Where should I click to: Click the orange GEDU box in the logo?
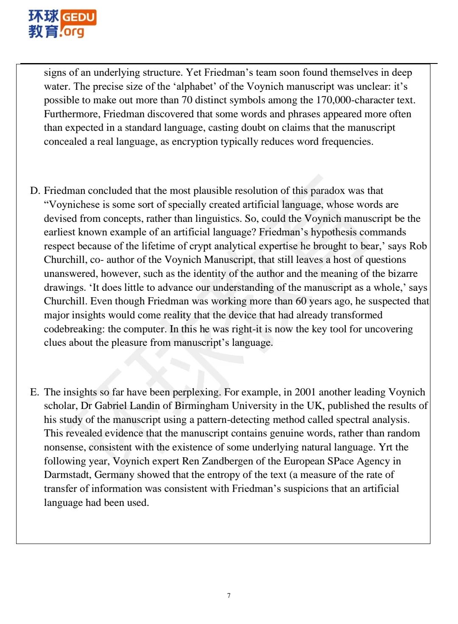pos(79,17)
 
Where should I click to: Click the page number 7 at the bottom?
pos(229,596)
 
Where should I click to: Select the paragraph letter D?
pos(35,191)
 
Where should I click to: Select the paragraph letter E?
pos(34,392)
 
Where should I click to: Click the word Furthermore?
pos(72,114)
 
